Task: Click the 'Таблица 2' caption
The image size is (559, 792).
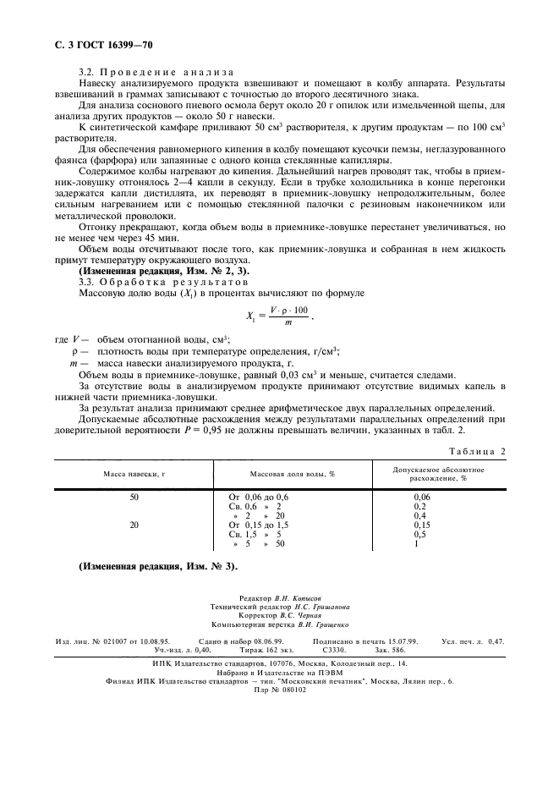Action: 475,451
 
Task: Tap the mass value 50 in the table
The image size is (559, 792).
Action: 134,497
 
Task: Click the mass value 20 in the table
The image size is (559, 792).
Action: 134,525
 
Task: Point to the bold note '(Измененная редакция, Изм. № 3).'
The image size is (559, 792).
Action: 157,565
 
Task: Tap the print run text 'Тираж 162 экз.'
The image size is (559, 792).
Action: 255,650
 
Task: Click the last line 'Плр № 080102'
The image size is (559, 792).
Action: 280,689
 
